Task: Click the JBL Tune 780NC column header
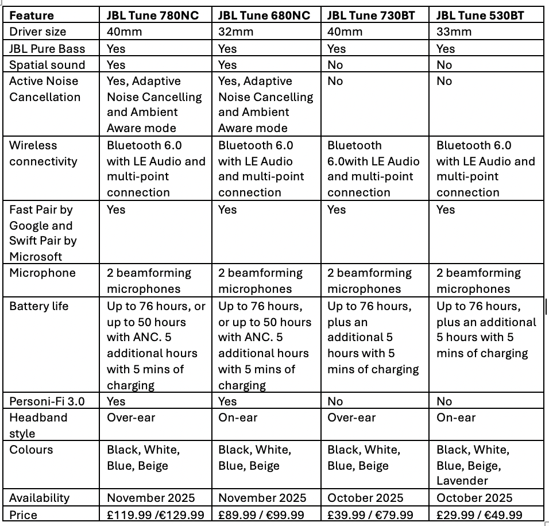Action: [153, 16]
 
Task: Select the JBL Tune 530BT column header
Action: [480, 16]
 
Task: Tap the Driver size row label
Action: [38, 32]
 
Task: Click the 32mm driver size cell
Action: [235, 32]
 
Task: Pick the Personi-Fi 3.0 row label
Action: [47, 401]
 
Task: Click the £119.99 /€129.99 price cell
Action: [155, 515]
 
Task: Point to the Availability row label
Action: [39, 498]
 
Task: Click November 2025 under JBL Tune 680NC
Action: [262, 498]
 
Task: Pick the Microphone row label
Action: [42, 273]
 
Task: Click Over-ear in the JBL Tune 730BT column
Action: [351, 417]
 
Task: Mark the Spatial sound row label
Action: [47, 65]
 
